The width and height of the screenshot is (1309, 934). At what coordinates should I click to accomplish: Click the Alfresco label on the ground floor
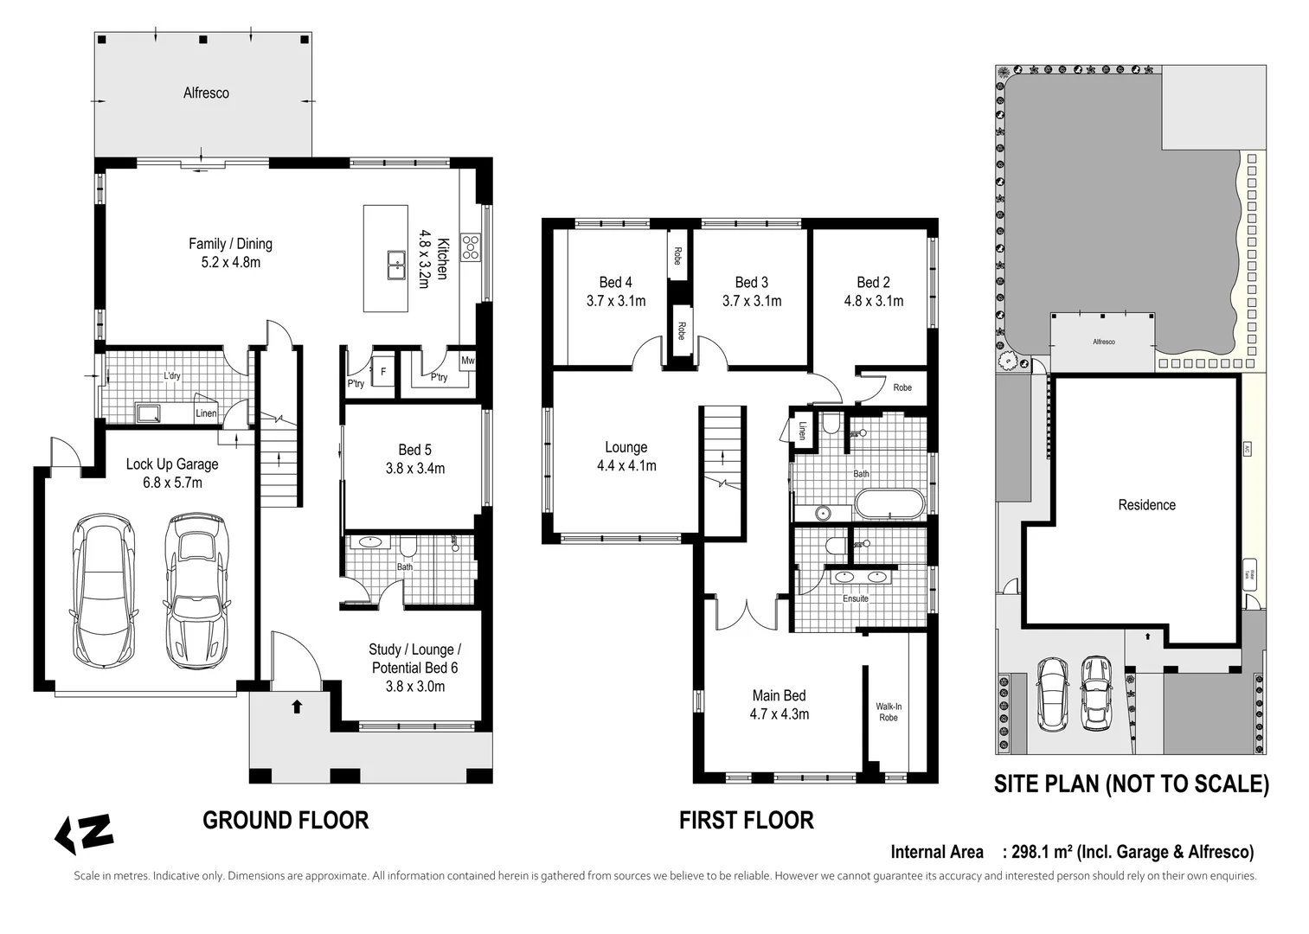point(206,93)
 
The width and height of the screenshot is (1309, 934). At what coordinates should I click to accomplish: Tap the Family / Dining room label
point(230,244)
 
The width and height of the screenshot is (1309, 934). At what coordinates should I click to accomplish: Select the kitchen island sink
point(396,264)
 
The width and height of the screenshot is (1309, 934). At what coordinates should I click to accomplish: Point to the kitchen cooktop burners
point(471,247)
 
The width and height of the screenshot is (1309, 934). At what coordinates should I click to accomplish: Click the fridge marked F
point(382,372)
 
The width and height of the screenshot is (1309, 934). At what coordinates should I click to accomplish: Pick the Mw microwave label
point(467,361)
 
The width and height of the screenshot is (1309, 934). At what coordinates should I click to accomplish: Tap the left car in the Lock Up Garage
point(104,590)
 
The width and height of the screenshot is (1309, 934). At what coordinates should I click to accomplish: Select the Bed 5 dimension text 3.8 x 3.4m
point(414,469)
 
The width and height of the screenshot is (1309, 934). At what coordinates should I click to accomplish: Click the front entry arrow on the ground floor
point(297,707)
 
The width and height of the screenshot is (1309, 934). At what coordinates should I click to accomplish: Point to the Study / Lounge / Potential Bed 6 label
point(414,658)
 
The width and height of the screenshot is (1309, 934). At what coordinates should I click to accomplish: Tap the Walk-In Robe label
point(889,712)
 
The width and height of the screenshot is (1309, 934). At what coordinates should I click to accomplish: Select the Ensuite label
point(855,598)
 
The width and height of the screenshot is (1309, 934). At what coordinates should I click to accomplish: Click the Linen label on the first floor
point(802,430)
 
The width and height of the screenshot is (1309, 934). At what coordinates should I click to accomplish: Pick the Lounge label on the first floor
point(626,447)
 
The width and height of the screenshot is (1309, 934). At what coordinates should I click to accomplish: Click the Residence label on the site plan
point(1146,505)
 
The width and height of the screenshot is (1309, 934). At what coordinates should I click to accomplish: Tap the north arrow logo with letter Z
point(84,833)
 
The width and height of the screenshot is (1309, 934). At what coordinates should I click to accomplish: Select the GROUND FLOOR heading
point(286,820)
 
